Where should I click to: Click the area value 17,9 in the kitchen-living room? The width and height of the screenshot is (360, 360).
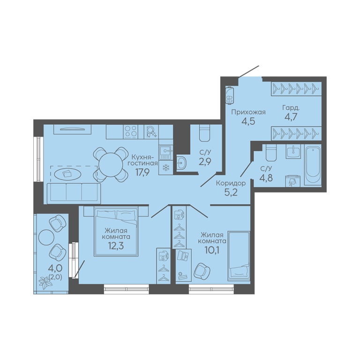tap(142, 172)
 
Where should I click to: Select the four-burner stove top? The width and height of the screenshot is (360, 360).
tap(131, 132)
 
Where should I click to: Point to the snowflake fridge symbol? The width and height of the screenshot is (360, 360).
tap(165, 168)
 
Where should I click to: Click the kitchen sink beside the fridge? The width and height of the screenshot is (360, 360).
tap(165, 152)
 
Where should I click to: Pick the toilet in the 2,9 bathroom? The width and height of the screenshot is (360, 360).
tap(204, 133)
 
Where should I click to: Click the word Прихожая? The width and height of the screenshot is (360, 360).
tap(248, 112)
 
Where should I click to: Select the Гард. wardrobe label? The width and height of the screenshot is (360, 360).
tap(291, 108)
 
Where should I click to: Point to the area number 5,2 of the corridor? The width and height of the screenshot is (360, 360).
tap(231, 192)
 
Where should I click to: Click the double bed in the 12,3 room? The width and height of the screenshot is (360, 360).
tap(116, 231)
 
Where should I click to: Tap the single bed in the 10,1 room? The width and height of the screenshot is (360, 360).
tap(239, 255)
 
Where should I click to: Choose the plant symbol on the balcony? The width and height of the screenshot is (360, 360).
tap(45, 283)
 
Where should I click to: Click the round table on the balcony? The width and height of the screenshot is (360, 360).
tap(46, 237)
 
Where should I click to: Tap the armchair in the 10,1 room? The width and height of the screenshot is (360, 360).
tap(202, 271)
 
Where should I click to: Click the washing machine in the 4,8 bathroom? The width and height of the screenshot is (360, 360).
tap(292, 181)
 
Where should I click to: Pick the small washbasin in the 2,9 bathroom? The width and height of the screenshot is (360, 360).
tap(181, 163)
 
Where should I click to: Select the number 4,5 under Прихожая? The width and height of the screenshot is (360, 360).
tap(248, 121)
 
